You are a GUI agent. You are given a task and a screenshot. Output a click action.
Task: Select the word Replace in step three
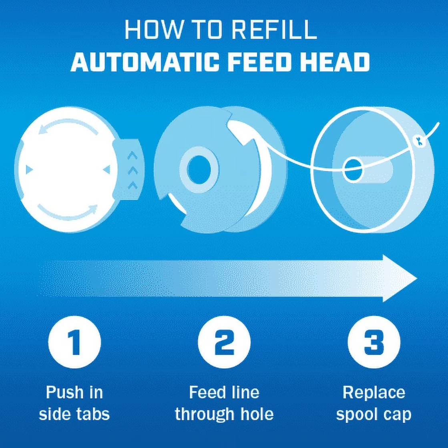(374, 393)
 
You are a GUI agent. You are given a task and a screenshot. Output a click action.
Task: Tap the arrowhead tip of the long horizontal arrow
(414, 278)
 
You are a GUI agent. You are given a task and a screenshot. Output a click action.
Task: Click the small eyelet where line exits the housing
(419, 140)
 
